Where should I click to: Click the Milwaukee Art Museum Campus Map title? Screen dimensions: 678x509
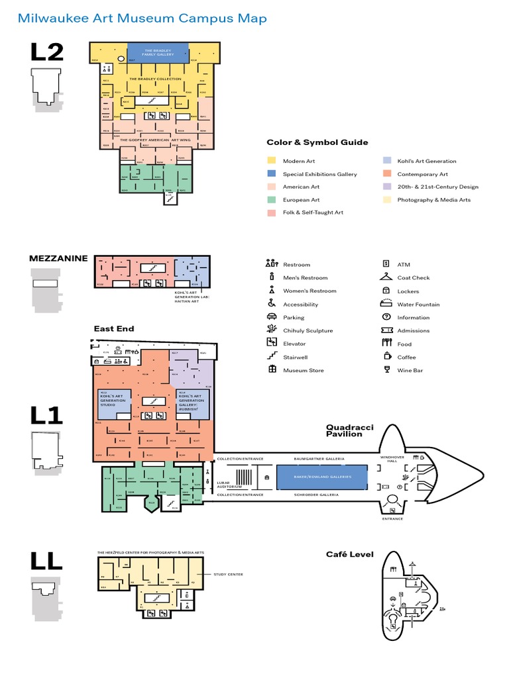click(142, 18)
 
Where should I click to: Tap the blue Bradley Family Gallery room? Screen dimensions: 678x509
click(158, 53)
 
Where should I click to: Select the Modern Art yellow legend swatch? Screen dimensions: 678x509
click(272, 161)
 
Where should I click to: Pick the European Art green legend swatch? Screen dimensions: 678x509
click(272, 199)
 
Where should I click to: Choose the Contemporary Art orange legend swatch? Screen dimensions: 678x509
click(386, 174)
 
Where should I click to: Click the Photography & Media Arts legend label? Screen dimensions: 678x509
click(433, 200)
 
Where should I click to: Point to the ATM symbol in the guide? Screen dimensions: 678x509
click(386, 264)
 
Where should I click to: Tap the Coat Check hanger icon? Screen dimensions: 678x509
click(386, 277)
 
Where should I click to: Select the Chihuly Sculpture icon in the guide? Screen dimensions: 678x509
click(271, 330)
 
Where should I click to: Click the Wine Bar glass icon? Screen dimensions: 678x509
click(386, 369)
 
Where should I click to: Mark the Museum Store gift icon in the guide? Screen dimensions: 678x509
click(271, 369)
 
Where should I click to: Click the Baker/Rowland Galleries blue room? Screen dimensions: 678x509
click(321, 476)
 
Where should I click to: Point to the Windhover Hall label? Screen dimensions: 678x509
click(388, 459)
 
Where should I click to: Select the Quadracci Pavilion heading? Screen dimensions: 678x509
click(344, 431)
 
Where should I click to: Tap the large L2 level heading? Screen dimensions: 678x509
click(46, 52)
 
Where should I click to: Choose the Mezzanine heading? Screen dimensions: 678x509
click(58, 258)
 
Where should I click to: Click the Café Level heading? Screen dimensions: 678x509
click(349, 554)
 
